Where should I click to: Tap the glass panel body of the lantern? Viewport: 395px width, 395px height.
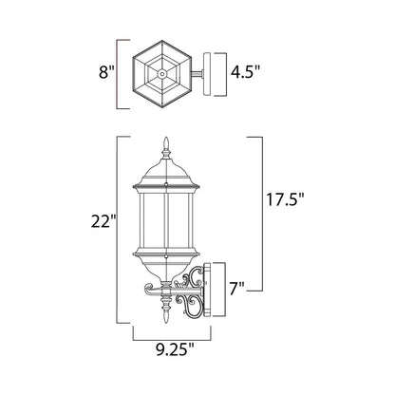[167, 214]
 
